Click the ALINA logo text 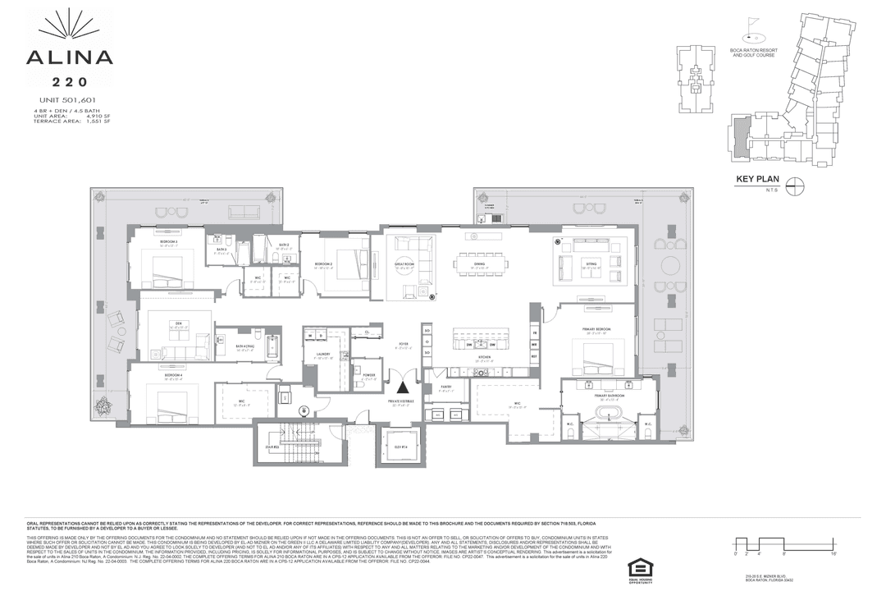click(x=69, y=57)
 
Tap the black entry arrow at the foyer click(x=402, y=387)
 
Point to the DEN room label click(x=177, y=323)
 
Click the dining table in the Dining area click(x=482, y=263)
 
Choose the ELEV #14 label click(x=400, y=445)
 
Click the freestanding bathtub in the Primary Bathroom click(x=610, y=412)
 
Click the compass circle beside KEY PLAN click(x=794, y=186)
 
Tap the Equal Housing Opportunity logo click(x=637, y=570)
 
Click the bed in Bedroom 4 click(x=172, y=403)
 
